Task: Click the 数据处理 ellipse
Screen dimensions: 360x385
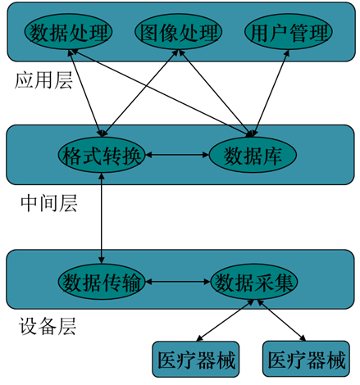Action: point(68,32)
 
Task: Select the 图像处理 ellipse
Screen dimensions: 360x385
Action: point(178,32)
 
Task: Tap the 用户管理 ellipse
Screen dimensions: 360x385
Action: point(289,32)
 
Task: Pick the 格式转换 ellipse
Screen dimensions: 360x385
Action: point(102,155)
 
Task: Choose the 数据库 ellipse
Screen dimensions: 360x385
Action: point(253,155)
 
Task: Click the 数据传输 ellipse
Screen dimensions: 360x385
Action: point(102,282)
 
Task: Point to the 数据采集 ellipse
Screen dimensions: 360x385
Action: point(253,282)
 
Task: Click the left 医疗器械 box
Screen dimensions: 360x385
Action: point(196,359)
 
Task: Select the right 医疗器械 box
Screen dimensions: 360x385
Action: point(306,359)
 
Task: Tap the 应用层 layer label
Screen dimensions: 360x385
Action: point(43,80)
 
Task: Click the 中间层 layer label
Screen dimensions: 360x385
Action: point(49,203)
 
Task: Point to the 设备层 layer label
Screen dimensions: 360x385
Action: point(48,326)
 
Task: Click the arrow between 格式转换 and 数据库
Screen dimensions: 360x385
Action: point(177,155)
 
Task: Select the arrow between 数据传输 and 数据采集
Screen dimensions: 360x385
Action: point(178,282)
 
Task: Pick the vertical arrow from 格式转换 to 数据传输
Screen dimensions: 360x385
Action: point(102,219)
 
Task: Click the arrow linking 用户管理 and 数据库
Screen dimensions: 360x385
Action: point(270,93)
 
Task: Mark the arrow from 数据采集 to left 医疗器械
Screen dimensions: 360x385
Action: point(225,320)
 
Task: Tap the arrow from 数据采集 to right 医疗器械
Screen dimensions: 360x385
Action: point(281,320)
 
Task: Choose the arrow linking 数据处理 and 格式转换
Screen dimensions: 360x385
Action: point(86,93)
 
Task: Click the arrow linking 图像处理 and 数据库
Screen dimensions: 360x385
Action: point(215,93)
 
